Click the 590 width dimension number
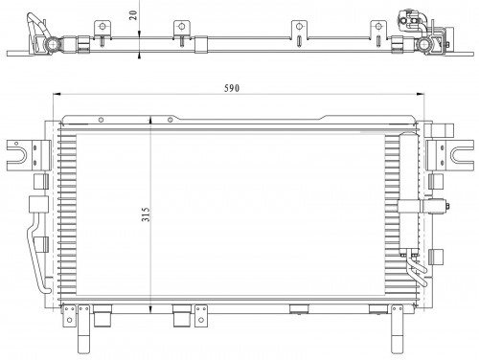[232, 88]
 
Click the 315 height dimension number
[146, 214]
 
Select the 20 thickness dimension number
[133, 15]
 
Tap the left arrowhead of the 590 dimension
[57, 94]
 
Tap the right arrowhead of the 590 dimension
[421, 94]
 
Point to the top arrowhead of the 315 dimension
[150, 121]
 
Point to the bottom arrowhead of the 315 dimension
[150, 308]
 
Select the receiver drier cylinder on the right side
[409, 194]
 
